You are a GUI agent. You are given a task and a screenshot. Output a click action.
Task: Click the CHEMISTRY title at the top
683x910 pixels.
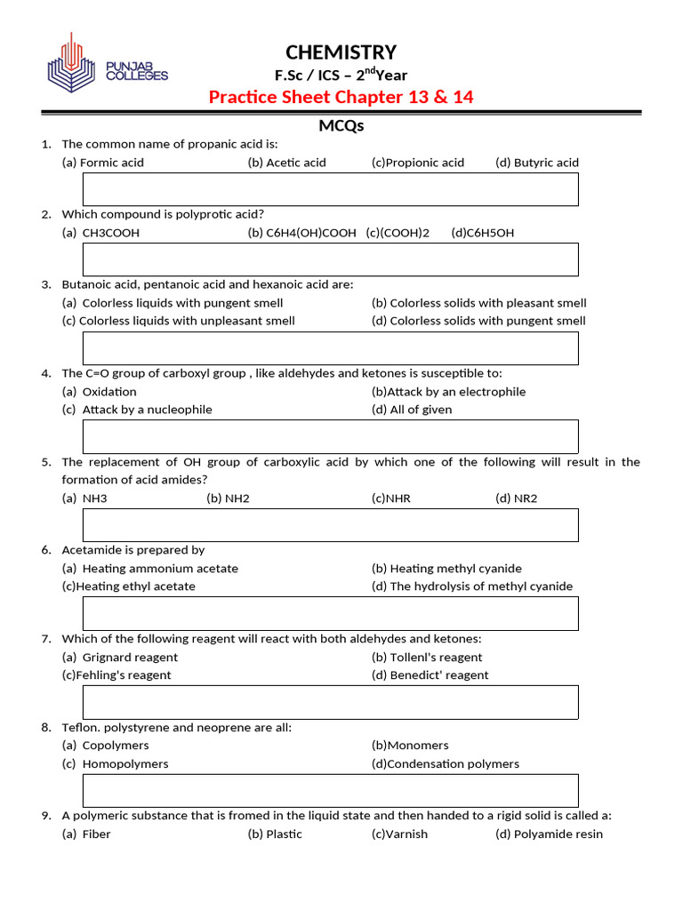click(341, 52)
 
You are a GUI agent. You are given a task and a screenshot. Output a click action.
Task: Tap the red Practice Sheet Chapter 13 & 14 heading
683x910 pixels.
click(341, 97)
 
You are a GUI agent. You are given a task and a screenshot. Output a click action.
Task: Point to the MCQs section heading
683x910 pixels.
click(341, 126)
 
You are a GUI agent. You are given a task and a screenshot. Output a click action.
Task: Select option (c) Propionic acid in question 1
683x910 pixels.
click(418, 163)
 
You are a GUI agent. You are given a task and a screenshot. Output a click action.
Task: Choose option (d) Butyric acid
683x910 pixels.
click(537, 163)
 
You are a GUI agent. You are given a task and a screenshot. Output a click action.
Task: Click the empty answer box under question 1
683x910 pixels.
click(330, 189)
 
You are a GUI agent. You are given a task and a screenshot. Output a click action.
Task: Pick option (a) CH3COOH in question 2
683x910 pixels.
click(101, 233)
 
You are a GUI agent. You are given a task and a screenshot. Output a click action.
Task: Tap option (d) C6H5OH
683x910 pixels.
click(483, 233)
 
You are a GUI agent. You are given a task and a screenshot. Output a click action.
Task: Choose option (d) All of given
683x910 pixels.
click(412, 410)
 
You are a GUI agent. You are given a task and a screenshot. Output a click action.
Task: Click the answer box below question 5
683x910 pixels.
click(330, 525)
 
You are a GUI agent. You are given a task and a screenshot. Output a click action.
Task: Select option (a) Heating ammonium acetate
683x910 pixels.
click(150, 569)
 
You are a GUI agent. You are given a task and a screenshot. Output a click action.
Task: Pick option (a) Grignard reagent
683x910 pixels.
click(120, 658)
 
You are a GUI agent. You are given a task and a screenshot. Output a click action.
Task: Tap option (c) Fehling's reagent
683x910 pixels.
click(117, 675)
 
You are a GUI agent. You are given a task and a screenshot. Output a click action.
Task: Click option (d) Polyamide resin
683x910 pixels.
click(549, 834)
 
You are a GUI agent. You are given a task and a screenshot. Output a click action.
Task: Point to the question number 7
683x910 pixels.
click(45, 639)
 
